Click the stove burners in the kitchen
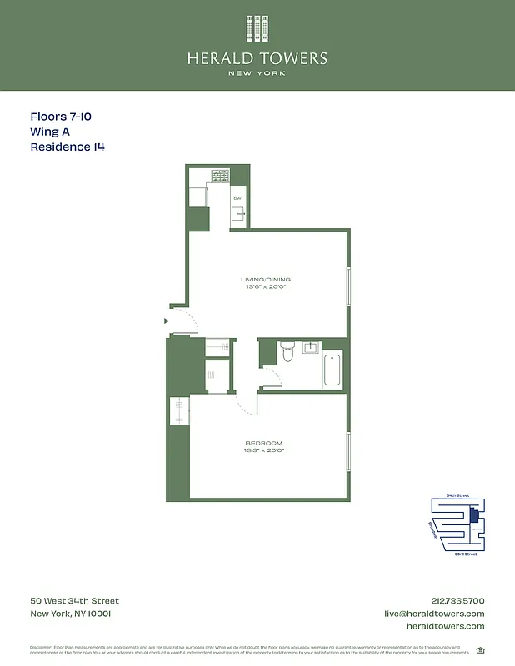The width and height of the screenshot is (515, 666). pos(221,176)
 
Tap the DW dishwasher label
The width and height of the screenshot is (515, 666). pos(237,198)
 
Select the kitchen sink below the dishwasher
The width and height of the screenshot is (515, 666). pos(239,214)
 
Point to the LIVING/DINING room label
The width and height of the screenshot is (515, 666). pos(266,279)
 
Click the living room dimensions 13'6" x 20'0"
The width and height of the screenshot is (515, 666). pos(266,288)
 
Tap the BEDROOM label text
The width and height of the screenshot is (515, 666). pos(263,442)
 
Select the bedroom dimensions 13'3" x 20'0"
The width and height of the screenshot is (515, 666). pos(263,450)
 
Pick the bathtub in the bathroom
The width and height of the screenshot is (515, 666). pos(332,371)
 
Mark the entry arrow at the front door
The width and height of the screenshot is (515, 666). pos(167,320)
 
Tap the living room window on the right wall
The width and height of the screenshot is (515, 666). pos(349,287)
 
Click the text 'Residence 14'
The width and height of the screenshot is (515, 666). pos(67,147)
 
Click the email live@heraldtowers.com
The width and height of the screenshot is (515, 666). pos(433,614)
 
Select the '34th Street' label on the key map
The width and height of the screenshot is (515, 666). pos(457,495)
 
